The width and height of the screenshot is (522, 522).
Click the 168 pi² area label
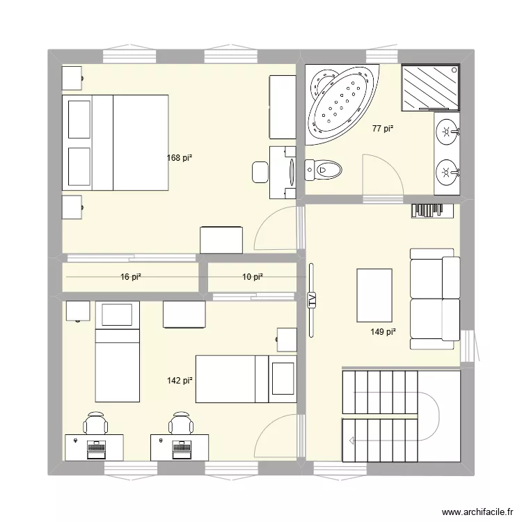click(179, 158)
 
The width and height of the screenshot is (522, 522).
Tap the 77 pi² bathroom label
click(382, 128)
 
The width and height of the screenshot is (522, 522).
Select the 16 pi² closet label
click(131, 277)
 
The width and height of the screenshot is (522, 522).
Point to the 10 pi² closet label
click(253, 277)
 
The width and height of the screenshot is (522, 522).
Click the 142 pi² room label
click(179, 381)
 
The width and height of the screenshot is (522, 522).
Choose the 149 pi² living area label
click(383, 332)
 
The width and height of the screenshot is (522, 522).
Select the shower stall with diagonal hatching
click(430, 87)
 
